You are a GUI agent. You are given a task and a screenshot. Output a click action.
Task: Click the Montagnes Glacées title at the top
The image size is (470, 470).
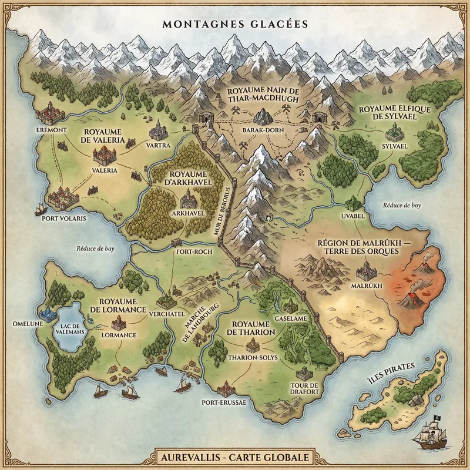[x=235, y=25]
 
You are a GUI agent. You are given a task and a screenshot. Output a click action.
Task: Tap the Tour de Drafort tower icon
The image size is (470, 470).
[x=304, y=374]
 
